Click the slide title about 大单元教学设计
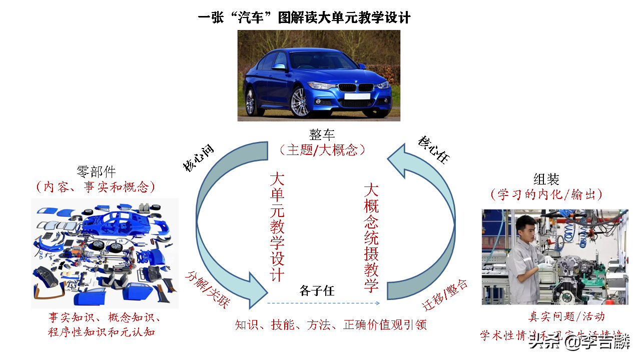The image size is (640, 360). [x=304, y=18]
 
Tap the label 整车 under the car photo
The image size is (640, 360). [x=322, y=134]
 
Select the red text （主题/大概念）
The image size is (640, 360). [x=322, y=149]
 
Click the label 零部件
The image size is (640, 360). [x=96, y=172]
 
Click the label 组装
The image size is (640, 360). [x=546, y=179]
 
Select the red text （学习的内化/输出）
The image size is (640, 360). [x=546, y=194]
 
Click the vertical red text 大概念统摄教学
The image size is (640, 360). [x=371, y=237]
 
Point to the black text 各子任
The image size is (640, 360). [x=317, y=290]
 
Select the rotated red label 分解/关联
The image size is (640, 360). [x=207, y=289]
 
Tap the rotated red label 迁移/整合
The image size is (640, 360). [x=445, y=295]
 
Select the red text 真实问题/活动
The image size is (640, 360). [x=566, y=316]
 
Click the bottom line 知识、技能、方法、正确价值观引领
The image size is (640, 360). [x=331, y=324]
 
